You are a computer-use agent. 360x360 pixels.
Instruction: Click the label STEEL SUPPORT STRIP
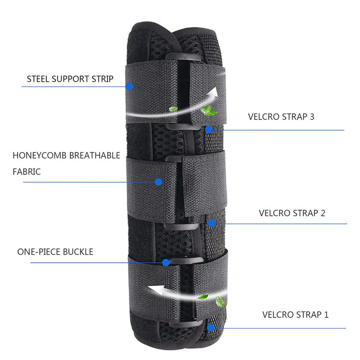click(x=70, y=79)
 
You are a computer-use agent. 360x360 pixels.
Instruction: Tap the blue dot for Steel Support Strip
click(x=129, y=86)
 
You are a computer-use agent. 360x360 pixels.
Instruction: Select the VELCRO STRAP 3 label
click(x=281, y=117)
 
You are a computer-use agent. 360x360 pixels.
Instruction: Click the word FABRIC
click(x=27, y=172)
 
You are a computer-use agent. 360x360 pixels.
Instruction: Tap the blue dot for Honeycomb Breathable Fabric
click(x=158, y=182)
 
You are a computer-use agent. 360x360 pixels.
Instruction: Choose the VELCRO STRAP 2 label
click(x=292, y=213)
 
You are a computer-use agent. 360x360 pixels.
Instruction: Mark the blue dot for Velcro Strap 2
click(x=212, y=223)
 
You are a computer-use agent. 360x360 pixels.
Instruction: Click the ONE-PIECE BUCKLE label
click(x=55, y=252)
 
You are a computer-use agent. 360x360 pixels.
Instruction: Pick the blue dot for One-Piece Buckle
click(x=166, y=262)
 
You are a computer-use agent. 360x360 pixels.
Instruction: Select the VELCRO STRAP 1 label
click(x=295, y=315)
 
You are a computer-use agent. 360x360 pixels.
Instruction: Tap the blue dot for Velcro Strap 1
click(x=211, y=328)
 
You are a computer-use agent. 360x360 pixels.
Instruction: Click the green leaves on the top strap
click(x=208, y=111)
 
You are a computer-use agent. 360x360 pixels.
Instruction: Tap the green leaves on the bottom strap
click(x=220, y=302)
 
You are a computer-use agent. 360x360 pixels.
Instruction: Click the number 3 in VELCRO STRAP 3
click(x=312, y=117)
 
